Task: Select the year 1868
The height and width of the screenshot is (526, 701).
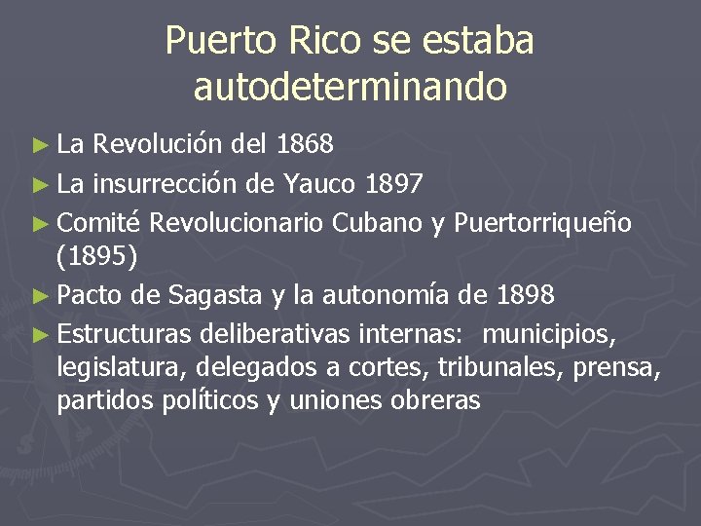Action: (x=306, y=145)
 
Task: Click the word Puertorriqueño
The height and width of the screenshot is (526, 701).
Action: (x=543, y=223)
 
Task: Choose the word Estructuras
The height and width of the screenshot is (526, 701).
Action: (x=126, y=335)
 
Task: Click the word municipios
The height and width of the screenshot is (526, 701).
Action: (x=548, y=335)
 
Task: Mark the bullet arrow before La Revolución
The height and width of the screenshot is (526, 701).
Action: (x=38, y=146)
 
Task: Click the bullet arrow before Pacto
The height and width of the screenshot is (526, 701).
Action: (x=38, y=293)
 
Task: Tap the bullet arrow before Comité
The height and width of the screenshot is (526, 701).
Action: (x=38, y=224)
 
